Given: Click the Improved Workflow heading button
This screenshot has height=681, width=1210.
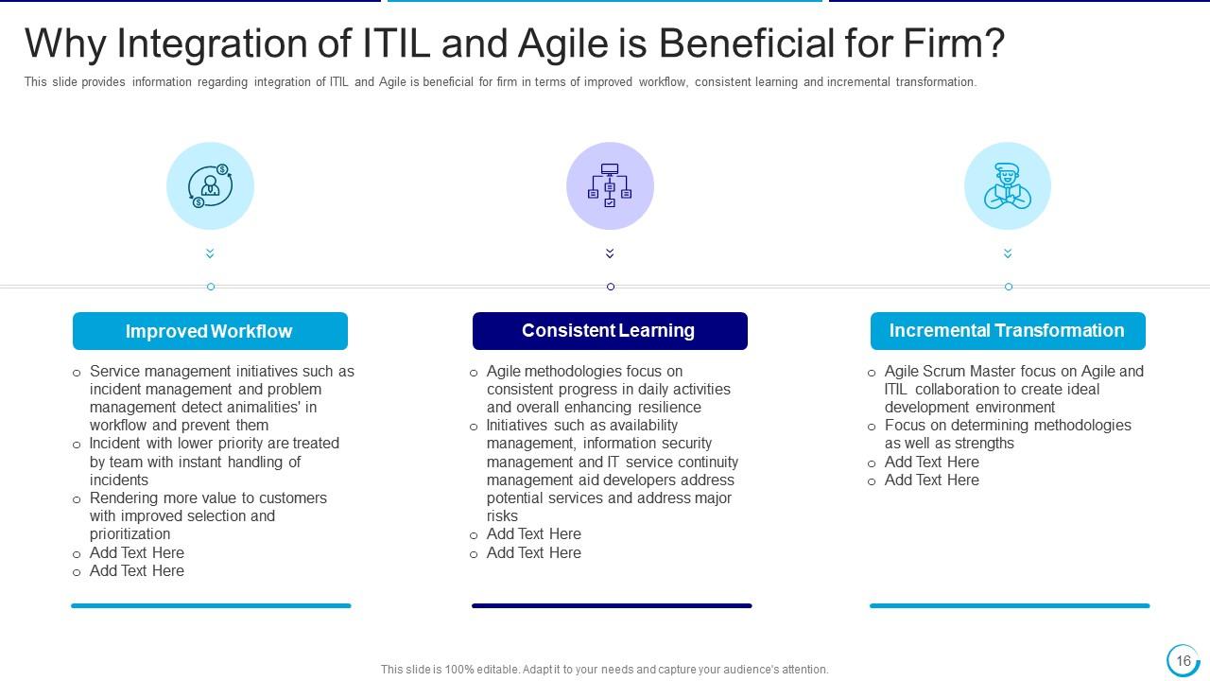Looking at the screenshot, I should pos(210,331).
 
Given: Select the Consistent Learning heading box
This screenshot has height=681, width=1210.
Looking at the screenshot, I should pos(610,331).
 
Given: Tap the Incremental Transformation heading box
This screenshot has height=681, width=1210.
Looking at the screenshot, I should pos(1008,331).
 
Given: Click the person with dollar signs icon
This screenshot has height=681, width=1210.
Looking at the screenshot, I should pos(210,185).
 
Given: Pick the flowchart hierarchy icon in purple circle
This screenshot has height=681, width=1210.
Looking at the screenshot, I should pos(610,185).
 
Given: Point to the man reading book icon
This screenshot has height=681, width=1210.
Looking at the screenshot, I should pos(1008,185).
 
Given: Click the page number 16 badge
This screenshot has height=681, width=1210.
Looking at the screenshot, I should pos(1183,660).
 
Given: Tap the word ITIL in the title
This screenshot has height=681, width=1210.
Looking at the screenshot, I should pos(397,44).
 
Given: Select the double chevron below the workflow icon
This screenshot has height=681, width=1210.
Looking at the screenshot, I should pos(210,253).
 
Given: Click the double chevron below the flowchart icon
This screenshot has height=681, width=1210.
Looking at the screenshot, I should pos(610,253).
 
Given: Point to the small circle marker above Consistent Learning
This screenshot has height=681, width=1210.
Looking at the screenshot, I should pos(610,287).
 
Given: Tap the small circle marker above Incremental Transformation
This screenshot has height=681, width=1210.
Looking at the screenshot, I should pos(1008,287).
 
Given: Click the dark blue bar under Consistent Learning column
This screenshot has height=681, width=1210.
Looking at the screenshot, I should pos(612,605).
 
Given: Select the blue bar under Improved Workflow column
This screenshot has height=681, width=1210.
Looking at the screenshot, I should pos(211,605).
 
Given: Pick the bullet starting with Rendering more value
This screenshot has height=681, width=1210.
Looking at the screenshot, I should pos(208,515).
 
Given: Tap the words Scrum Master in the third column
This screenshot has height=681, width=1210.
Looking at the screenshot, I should pos(974,372).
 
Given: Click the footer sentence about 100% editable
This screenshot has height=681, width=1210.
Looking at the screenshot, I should pos(605,669).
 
